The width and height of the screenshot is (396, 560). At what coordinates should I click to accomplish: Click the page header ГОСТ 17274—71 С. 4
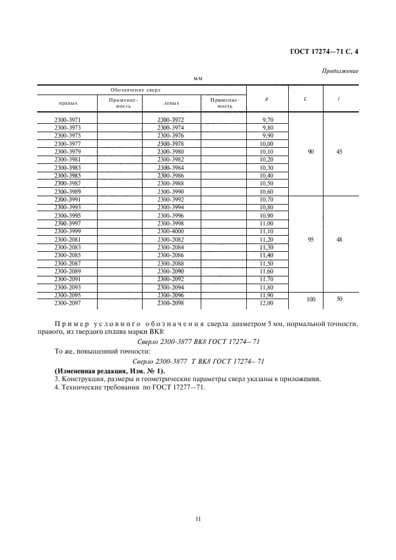pyautogui.click(x=324, y=52)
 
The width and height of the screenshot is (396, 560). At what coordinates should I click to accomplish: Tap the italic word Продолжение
pyautogui.click(x=340, y=71)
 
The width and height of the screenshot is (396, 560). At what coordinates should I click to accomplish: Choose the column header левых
pyautogui.click(x=171, y=102)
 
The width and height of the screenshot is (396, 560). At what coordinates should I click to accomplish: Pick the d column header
pyautogui.click(x=265, y=99)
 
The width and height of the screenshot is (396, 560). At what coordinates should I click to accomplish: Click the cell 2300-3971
pyautogui.click(x=67, y=120)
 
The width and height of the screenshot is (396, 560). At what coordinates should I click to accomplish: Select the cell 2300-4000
pyautogui.click(x=171, y=232)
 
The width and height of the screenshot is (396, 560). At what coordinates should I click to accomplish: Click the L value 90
pyautogui.click(x=310, y=152)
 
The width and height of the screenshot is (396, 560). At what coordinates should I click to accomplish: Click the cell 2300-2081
pyautogui.click(x=67, y=239)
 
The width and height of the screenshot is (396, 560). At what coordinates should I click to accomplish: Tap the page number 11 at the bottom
pyautogui.click(x=198, y=519)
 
